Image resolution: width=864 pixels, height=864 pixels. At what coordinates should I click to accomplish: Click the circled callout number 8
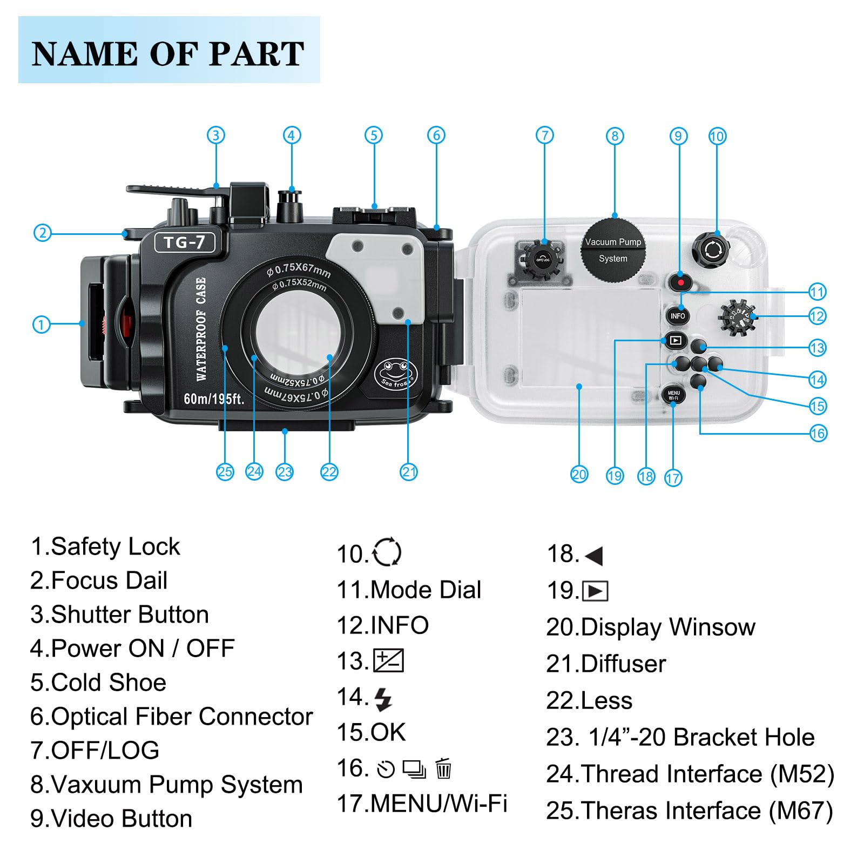point(615,136)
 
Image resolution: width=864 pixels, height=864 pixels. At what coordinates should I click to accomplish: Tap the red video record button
point(681,282)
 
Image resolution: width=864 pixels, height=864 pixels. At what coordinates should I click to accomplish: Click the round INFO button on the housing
point(677,316)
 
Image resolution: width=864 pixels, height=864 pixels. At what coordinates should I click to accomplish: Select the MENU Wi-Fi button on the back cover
point(673,396)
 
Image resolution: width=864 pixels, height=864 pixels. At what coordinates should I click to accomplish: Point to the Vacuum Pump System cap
point(613,249)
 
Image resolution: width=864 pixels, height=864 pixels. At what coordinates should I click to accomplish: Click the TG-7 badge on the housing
point(185,242)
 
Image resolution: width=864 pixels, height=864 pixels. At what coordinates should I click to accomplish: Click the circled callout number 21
point(409,472)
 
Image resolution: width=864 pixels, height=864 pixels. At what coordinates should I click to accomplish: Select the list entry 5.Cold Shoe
point(98,683)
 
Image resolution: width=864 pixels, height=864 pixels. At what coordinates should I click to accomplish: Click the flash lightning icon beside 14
point(383,699)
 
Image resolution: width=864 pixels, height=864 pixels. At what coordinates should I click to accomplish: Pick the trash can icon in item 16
point(443,768)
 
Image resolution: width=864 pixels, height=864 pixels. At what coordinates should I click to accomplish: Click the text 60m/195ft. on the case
point(214,399)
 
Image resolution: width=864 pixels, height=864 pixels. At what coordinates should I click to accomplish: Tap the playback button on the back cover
point(675,340)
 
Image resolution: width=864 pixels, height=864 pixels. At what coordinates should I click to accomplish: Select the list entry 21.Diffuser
point(606,664)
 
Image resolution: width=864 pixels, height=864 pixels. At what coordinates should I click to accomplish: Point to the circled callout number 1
point(42,325)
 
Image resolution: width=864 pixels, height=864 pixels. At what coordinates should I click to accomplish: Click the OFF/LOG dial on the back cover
point(543,260)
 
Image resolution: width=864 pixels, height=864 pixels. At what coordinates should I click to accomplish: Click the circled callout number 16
point(818,433)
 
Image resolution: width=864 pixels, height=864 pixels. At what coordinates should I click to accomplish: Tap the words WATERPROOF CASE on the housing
point(201,329)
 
